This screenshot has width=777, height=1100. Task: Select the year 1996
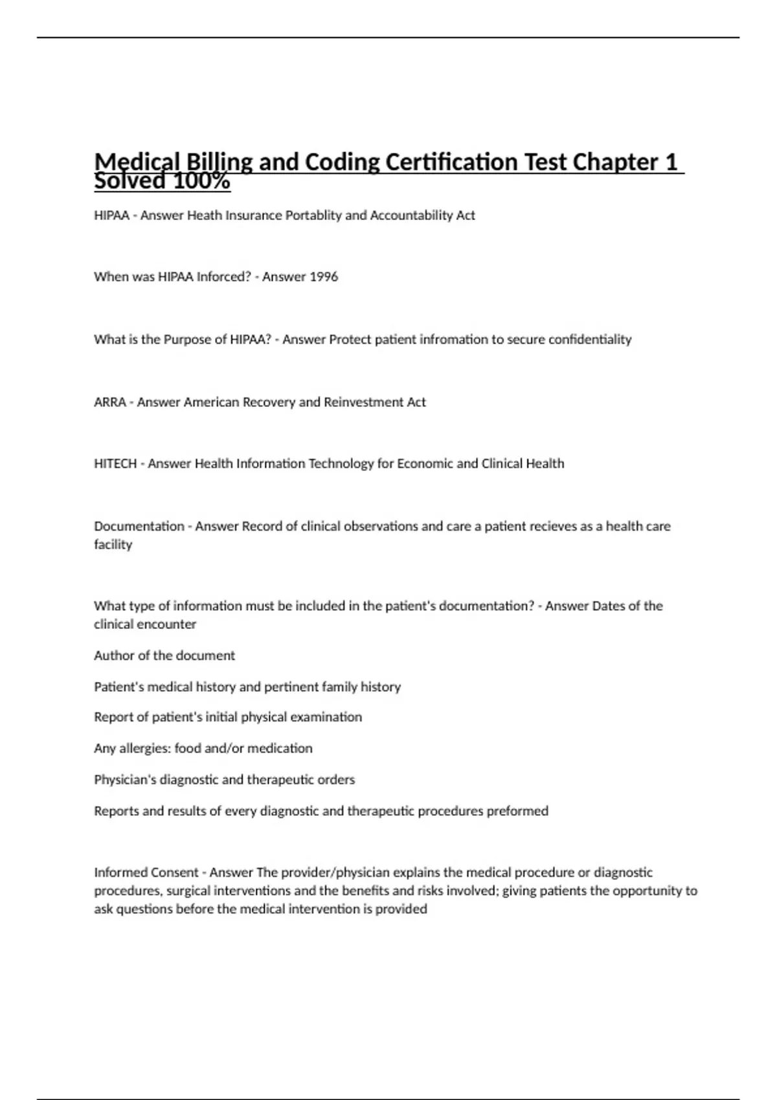(x=324, y=277)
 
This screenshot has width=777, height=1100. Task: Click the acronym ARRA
(x=110, y=402)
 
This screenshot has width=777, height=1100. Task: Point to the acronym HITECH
(x=115, y=464)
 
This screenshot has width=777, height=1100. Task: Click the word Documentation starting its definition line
(x=139, y=527)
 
